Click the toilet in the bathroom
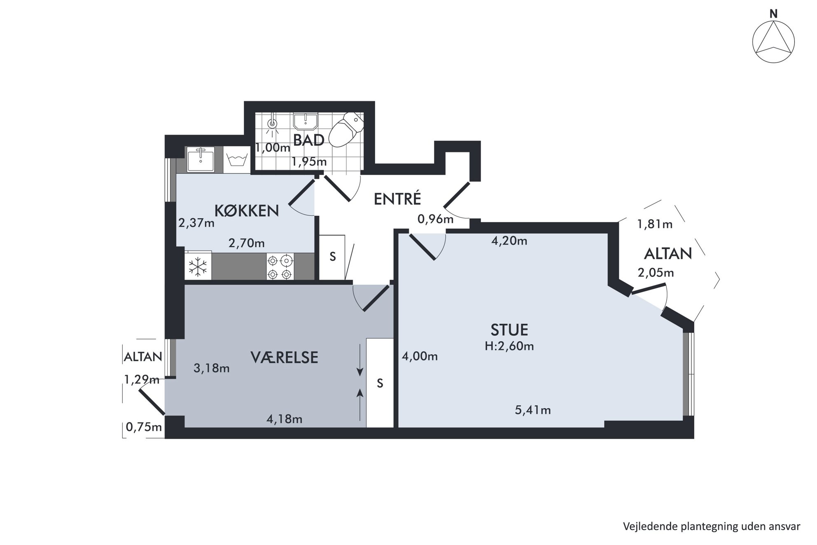pos(347,129)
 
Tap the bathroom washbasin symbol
pos(305,122)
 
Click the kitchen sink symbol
pos(201,159)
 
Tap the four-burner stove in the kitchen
pos(280,267)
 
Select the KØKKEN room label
pos(247,211)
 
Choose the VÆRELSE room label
pos(285,357)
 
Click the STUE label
pos(509,330)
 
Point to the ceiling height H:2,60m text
pos(509,346)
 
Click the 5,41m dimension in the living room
pos(533,410)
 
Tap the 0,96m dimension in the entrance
pos(435,219)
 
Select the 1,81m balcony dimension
pos(655,224)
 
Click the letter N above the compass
pos(774,14)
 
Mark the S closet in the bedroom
pos(380,383)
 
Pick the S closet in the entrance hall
pos(332,256)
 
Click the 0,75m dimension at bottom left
pos(144,427)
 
